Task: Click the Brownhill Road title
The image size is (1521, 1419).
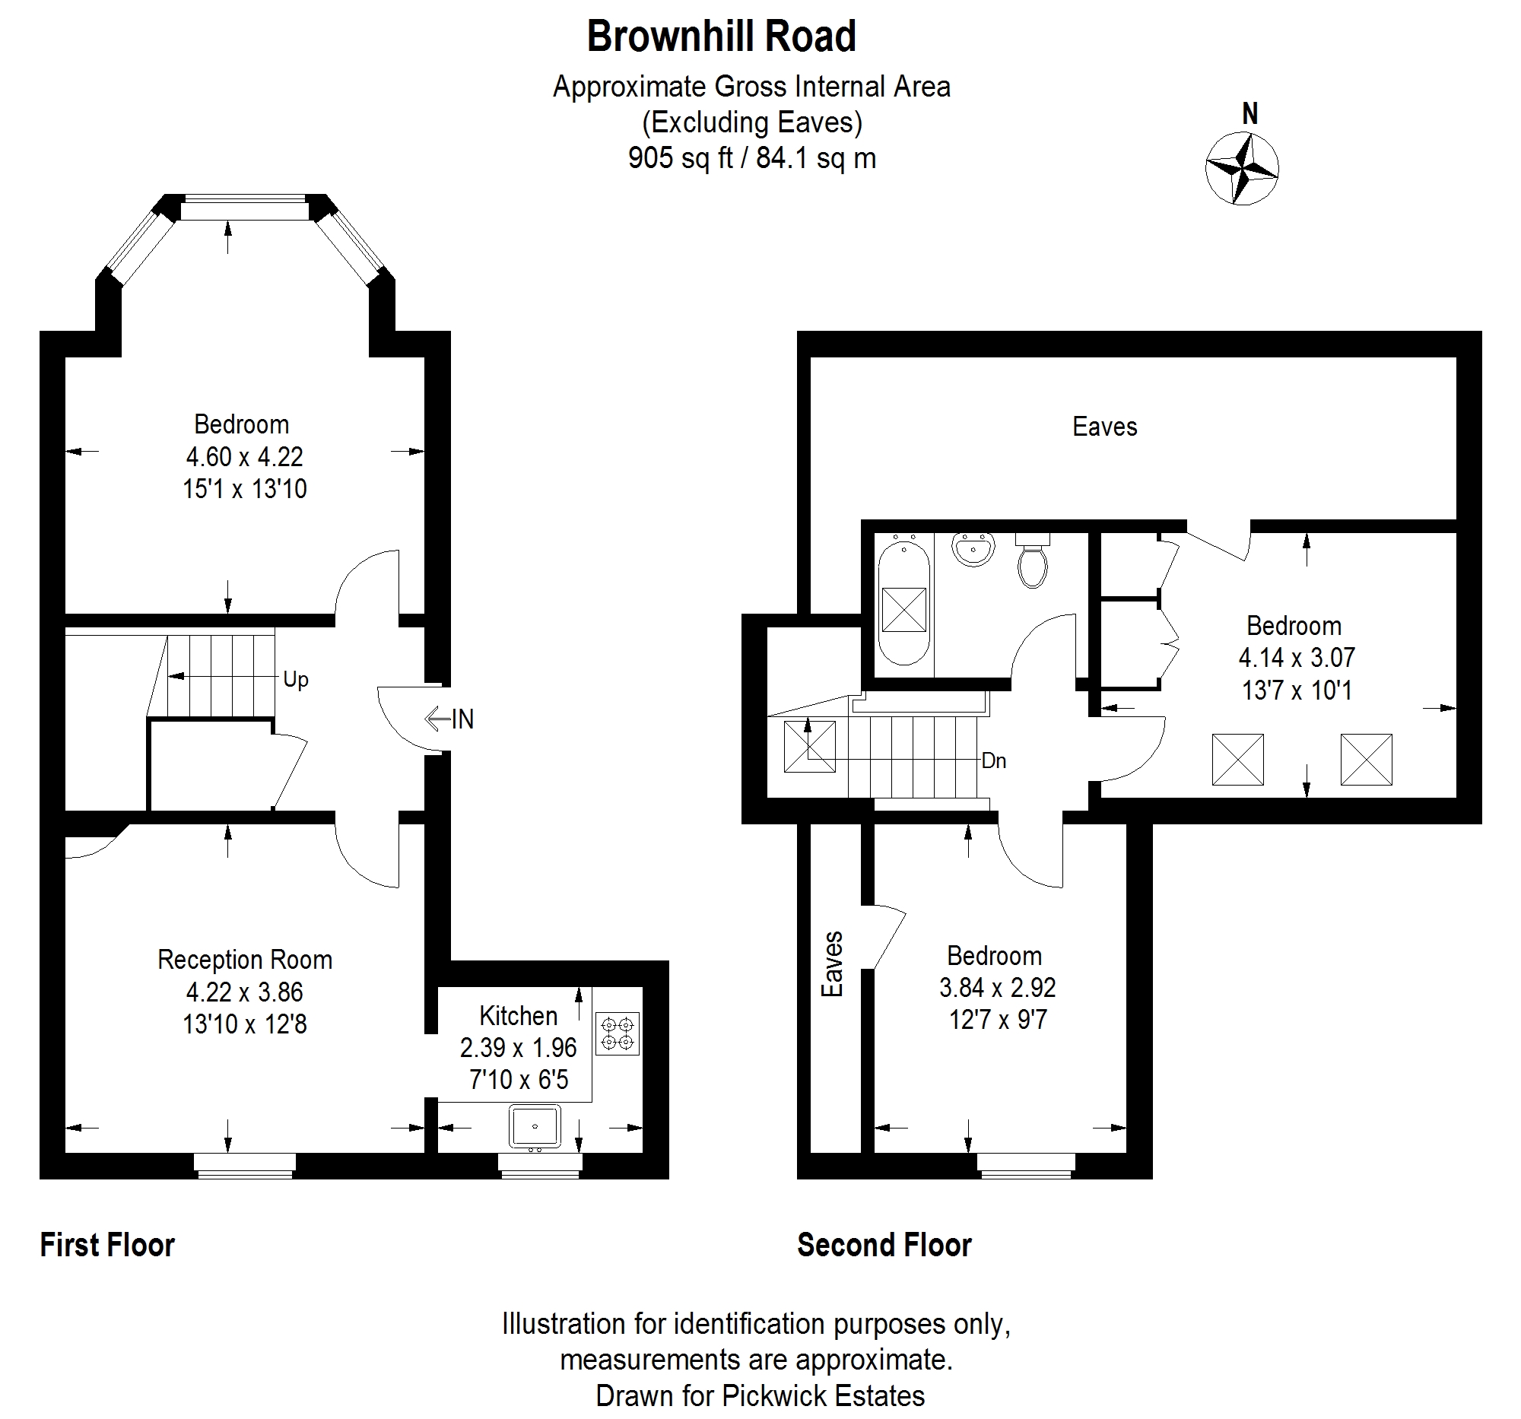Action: tap(722, 37)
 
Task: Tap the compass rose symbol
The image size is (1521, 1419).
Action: tap(1242, 168)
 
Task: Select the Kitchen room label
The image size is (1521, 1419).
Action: tap(518, 1015)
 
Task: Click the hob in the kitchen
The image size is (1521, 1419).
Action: tap(618, 1033)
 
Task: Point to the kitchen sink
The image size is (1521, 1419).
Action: tap(535, 1127)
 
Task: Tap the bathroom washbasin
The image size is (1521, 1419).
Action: tap(973, 548)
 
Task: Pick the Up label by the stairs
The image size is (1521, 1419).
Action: tap(295, 679)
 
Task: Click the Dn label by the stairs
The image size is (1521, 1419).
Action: tap(993, 760)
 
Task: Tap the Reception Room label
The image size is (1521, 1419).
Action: tap(245, 959)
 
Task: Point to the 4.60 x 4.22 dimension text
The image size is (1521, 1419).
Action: tap(245, 457)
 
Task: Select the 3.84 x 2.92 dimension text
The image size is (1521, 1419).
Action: tap(998, 988)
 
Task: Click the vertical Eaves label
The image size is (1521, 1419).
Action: tap(832, 963)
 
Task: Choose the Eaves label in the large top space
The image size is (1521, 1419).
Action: tap(1105, 426)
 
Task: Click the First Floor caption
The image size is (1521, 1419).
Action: tap(107, 1245)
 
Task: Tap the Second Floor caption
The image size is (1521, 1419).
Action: tap(884, 1245)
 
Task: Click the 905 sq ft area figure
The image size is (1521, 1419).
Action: tap(680, 158)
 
